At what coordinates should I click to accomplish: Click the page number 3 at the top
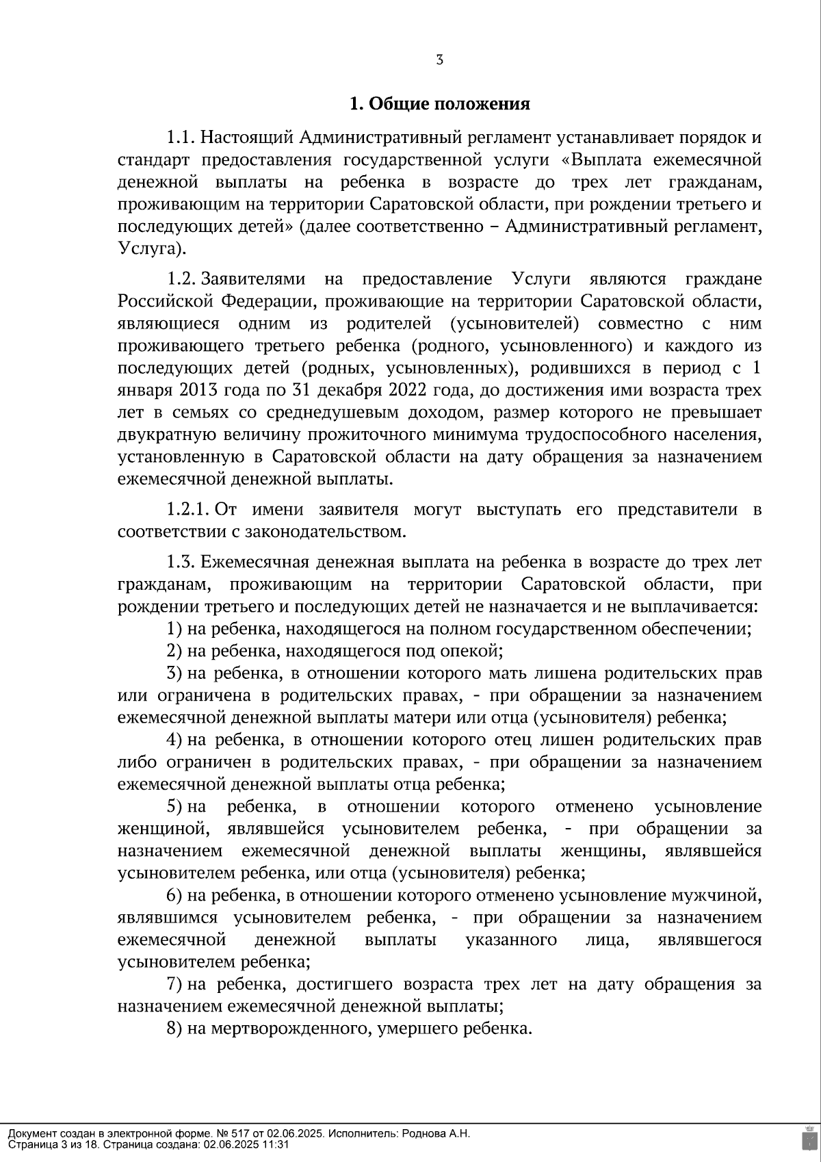(x=439, y=60)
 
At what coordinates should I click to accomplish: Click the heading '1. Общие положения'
(x=439, y=104)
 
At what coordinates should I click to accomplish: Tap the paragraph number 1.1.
(x=181, y=138)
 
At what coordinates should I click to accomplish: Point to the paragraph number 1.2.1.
(x=187, y=510)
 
